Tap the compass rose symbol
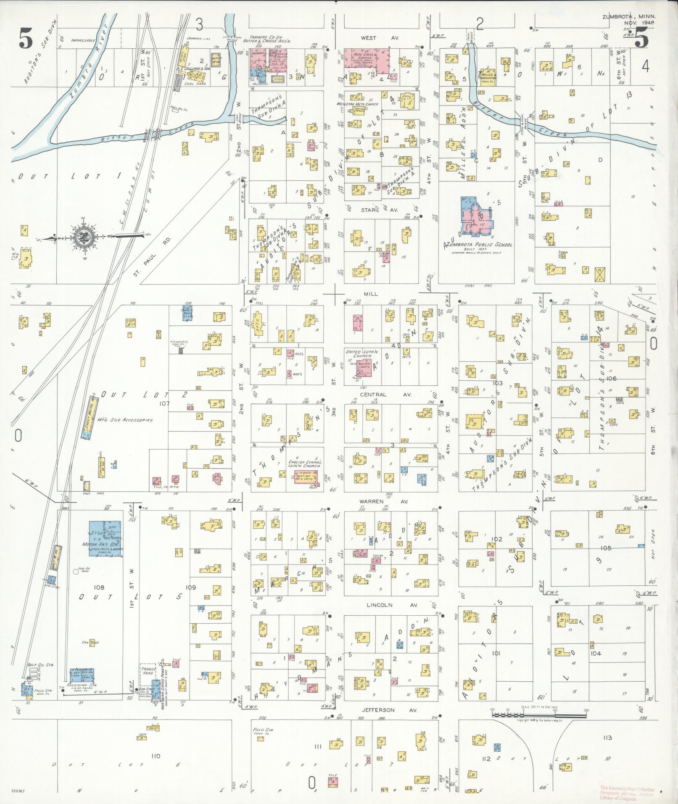click(x=84, y=238)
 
